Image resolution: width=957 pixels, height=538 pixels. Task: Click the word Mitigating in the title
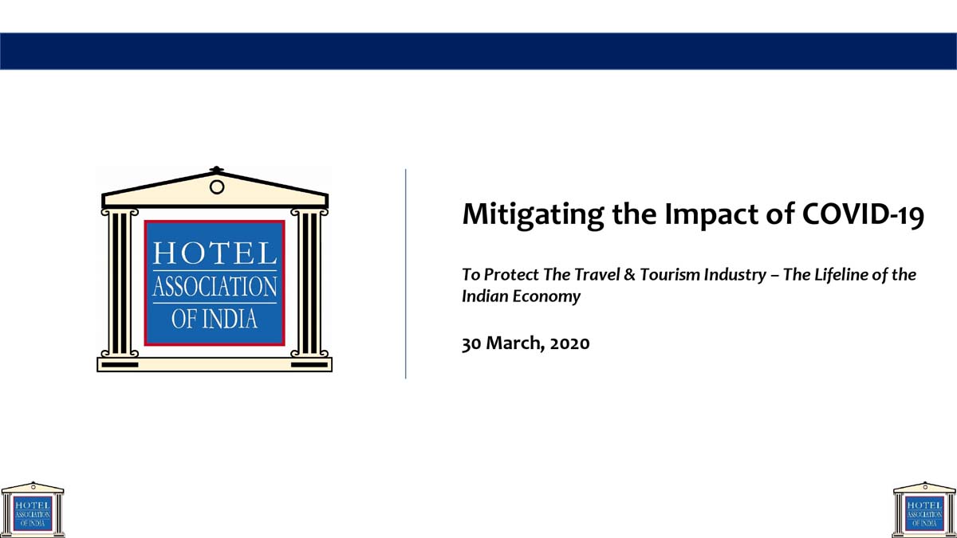[x=533, y=214]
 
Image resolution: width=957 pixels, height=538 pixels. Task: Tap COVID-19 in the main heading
[x=863, y=214]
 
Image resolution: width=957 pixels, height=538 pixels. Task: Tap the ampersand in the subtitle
[x=629, y=274]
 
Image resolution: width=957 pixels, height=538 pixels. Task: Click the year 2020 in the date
[x=570, y=344]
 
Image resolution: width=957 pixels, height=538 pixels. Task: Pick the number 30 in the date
[x=471, y=344]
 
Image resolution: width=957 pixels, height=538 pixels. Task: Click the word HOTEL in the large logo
[x=215, y=253]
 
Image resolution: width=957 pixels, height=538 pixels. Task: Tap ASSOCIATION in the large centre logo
[x=215, y=286]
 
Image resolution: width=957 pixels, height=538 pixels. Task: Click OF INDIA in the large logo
[x=215, y=319]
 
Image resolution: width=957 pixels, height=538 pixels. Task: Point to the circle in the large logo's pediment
[x=217, y=187]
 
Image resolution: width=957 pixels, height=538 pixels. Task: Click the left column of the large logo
[x=120, y=283]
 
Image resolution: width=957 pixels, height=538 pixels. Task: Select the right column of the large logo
[x=309, y=283]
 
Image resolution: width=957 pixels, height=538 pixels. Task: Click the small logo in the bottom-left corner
[x=33, y=510]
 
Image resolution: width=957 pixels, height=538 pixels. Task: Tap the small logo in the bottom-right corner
[x=924, y=510]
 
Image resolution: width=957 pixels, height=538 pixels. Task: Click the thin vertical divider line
[x=405, y=273]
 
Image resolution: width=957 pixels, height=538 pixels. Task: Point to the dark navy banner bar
[x=478, y=51]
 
